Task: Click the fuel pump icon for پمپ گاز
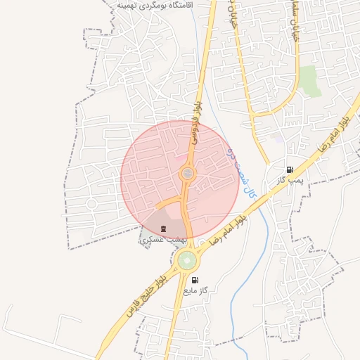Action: click(290, 169)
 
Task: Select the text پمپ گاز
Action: click(290, 180)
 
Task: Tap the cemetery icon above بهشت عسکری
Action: click(164, 229)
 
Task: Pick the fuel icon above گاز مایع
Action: click(195, 280)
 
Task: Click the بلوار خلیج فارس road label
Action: click(148, 295)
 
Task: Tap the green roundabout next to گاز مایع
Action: click(187, 261)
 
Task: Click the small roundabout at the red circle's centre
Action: click(188, 173)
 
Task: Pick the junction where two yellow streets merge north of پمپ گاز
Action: click(269, 158)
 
